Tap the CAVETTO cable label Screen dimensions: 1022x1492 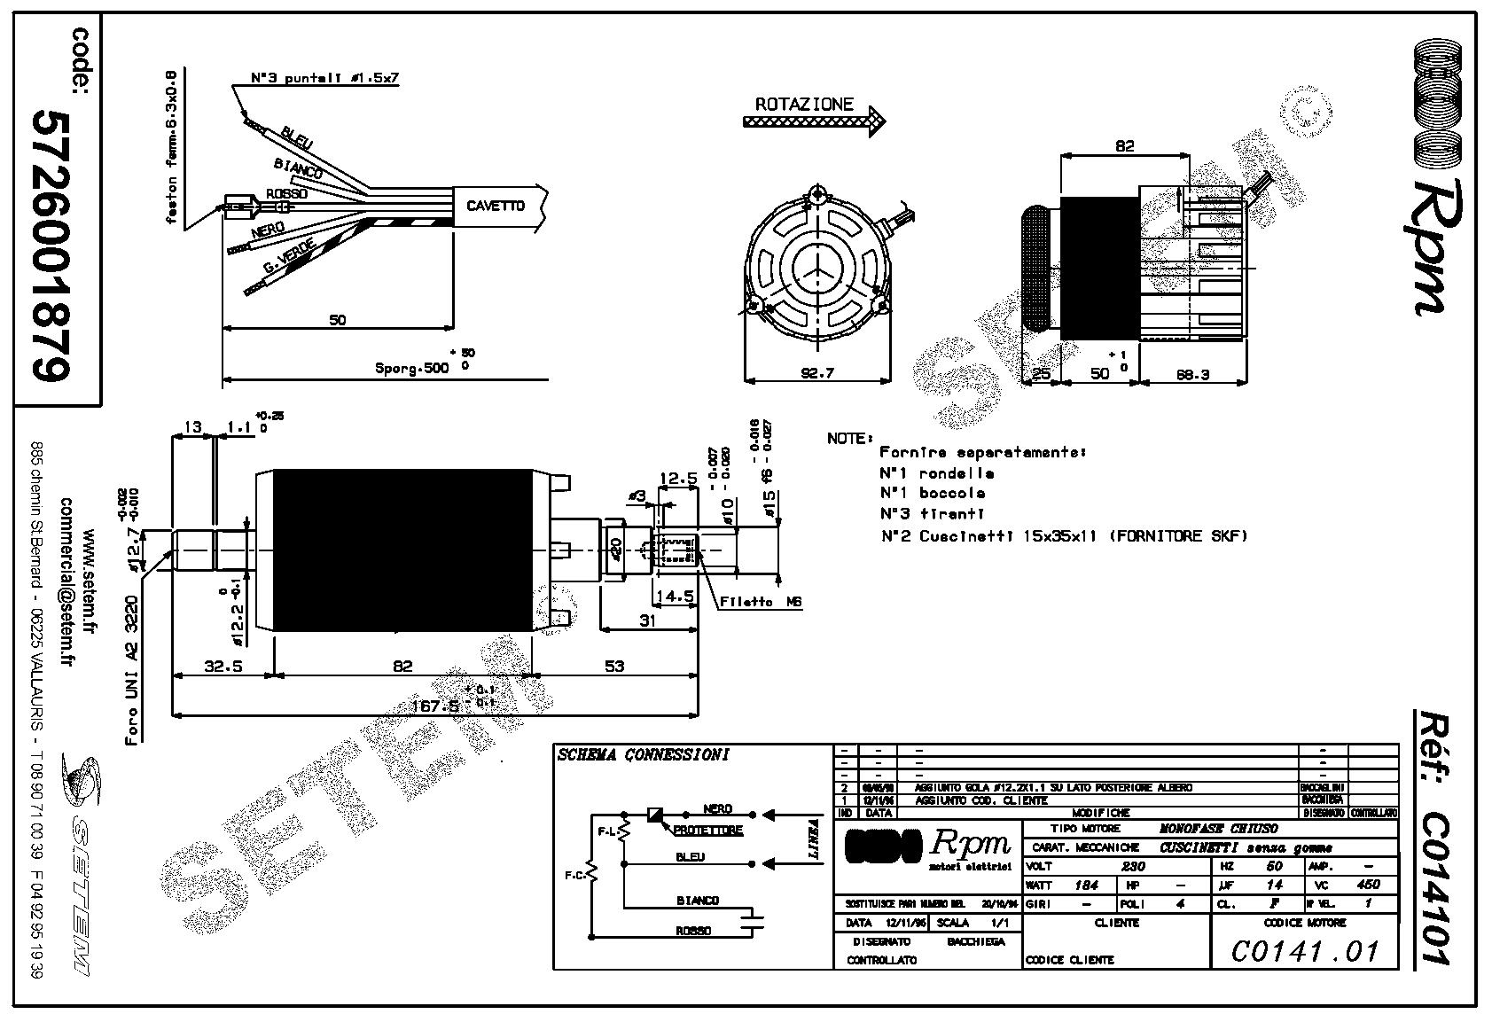(x=496, y=207)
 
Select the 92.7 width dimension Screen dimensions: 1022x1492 (x=817, y=373)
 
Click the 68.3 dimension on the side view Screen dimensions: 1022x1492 (x=1192, y=374)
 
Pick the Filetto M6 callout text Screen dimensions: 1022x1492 (x=761, y=602)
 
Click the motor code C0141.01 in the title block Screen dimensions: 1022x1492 (x=1305, y=951)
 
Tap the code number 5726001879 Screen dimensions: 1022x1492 (x=51, y=246)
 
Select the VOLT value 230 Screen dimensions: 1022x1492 (x=1133, y=866)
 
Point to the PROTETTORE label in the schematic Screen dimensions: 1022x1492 (x=707, y=831)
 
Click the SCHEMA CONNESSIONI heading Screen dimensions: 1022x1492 (x=644, y=755)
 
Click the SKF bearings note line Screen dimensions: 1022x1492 (x=1063, y=535)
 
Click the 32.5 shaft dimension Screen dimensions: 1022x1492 (x=223, y=666)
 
